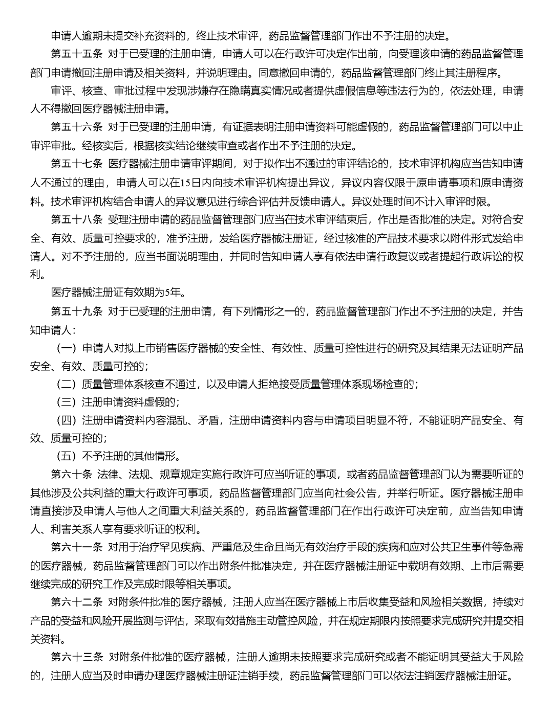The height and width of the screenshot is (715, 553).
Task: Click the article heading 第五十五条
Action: click(x=77, y=53)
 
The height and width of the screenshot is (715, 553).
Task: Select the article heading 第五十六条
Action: click(x=77, y=127)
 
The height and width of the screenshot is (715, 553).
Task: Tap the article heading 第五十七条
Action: click(x=77, y=164)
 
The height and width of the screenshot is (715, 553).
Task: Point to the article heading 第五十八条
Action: click(x=77, y=219)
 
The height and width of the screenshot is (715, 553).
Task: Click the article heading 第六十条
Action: click(x=72, y=474)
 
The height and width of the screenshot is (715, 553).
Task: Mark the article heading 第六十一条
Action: click(x=77, y=547)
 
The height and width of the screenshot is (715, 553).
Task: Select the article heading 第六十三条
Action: click(x=77, y=657)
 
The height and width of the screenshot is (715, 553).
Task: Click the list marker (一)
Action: click(x=66, y=348)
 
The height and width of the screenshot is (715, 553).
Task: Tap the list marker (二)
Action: click(x=66, y=384)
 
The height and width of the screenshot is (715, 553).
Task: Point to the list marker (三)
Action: click(x=66, y=402)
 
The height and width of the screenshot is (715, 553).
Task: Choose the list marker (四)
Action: click(x=66, y=420)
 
